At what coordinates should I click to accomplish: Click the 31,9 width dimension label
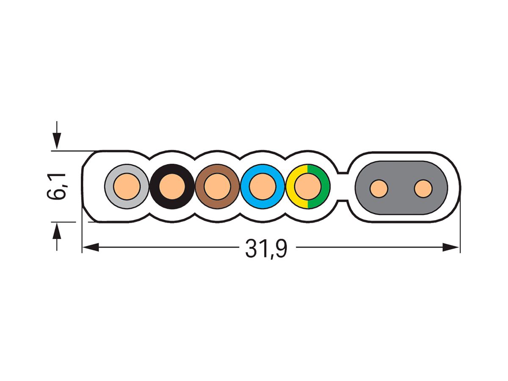(266, 249)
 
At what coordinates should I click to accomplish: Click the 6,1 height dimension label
(56, 186)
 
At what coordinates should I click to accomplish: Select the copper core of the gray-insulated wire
(127, 186)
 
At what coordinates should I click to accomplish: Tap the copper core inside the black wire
(172, 186)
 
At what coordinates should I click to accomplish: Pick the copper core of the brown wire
(217, 186)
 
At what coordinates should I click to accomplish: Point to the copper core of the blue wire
(263, 186)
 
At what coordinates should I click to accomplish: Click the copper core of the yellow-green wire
(308, 186)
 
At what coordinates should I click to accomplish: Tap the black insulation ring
(172, 168)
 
